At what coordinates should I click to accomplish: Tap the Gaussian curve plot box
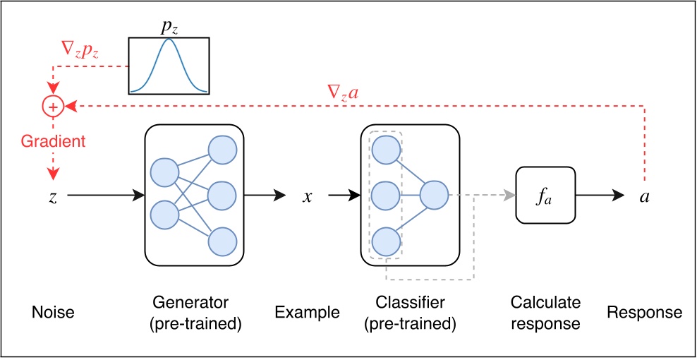[169, 66]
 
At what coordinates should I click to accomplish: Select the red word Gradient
[53, 141]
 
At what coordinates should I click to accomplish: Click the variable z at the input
[53, 197]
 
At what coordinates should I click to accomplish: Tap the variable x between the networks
[307, 197]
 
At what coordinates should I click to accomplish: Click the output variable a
[644, 197]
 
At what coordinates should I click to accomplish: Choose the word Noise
[52, 312]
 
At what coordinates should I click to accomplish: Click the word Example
[307, 312]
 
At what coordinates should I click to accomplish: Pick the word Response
[644, 312]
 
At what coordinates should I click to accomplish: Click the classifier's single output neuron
[434, 196]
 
